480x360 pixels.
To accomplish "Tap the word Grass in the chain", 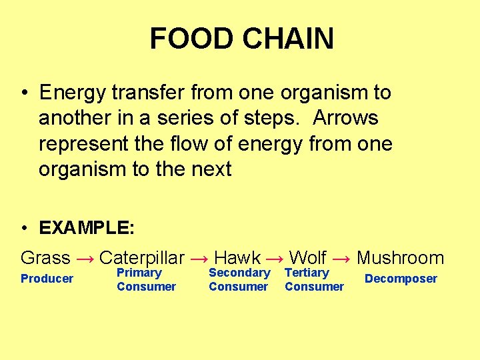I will [x=45, y=258].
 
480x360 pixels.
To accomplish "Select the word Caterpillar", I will [x=141, y=258].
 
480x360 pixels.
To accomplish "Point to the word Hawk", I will [x=237, y=258].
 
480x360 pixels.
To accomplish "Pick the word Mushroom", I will [x=400, y=258].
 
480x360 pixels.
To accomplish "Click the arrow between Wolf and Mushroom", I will [x=341, y=259].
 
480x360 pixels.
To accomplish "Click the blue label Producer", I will [x=47, y=279].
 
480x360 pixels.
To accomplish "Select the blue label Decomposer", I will [x=401, y=279].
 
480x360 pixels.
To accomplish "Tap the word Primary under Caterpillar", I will [x=139, y=273].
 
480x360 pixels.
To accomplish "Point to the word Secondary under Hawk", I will [x=239, y=273].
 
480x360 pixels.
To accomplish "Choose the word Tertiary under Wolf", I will [x=307, y=273].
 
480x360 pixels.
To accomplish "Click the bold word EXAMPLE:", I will [x=87, y=228].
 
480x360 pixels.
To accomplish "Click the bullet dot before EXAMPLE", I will [x=24, y=229].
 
